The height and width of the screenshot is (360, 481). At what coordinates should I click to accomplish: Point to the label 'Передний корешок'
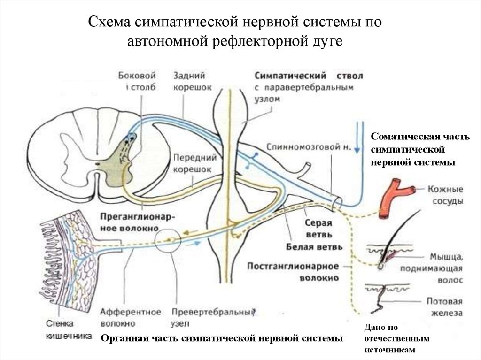click(x=192, y=163)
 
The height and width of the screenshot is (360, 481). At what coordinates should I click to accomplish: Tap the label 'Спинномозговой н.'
click(x=308, y=146)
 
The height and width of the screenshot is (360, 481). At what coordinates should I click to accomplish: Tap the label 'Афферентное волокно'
click(x=131, y=317)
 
